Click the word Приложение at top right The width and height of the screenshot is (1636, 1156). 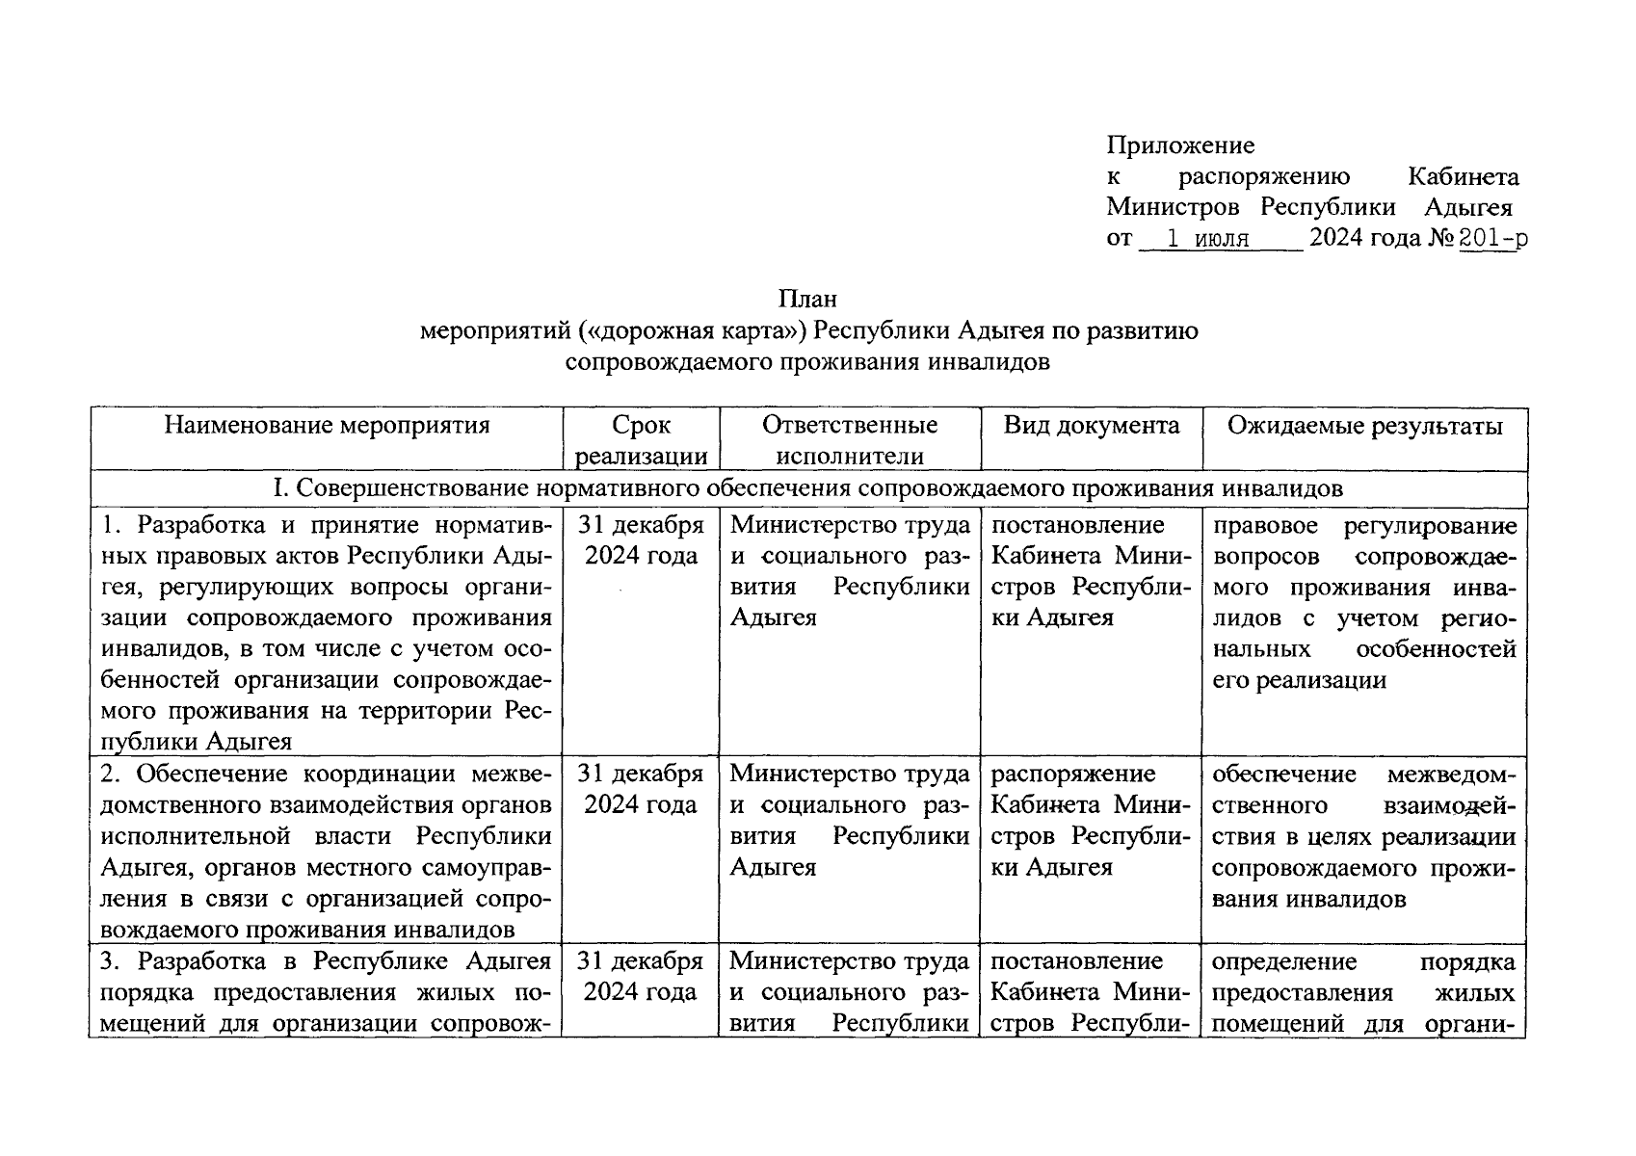[x=1180, y=145]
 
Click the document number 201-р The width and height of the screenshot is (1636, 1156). [x=1492, y=238]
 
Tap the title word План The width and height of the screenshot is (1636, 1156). [x=808, y=300]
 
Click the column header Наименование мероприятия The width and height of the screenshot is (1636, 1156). [x=327, y=426]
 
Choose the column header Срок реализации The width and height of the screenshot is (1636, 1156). [x=641, y=440]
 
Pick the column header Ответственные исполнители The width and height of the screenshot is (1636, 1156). [x=850, y=440]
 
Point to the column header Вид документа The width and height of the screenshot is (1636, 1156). [x=1091, y=426]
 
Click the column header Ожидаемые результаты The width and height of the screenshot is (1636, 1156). [x=1364, y=426]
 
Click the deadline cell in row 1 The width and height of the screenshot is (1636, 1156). [x=641, y=540]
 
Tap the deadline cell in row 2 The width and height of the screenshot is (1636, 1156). [x=641, y=790]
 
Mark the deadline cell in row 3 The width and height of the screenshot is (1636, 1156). [x=641, y=977]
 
